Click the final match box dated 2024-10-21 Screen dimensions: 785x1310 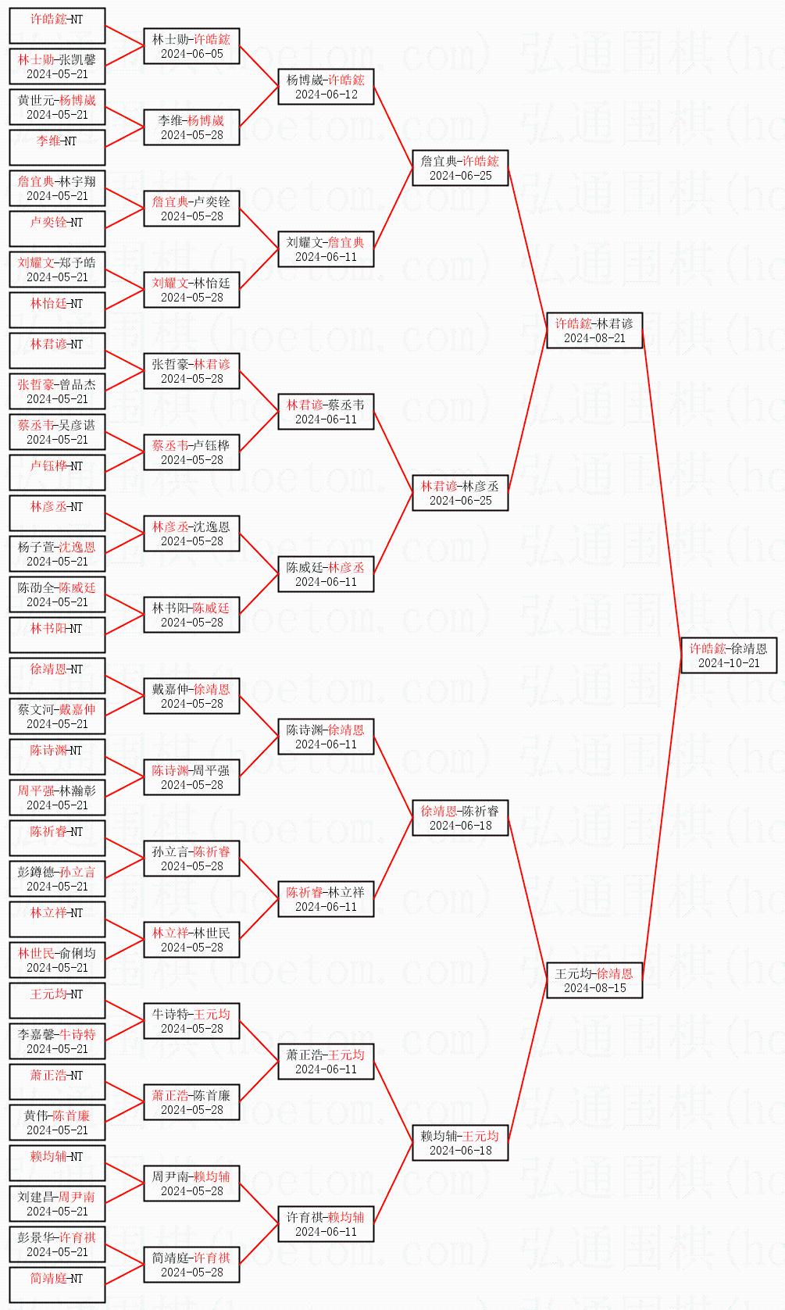point(729,655)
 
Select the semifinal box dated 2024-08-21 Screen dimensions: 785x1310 point(594,330)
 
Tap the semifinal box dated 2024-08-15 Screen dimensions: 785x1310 point(594,980)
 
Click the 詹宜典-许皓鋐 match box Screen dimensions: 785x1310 point(460,168)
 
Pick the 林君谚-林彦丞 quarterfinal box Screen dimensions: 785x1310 point(460,493)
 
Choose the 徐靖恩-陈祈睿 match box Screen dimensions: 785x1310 point(460,818)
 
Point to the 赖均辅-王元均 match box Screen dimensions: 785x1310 point(460,1143)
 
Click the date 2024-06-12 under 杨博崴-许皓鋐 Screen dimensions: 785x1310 point(326,95)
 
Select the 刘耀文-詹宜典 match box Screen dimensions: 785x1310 point(326,249)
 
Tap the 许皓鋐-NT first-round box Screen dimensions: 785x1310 point(57,26)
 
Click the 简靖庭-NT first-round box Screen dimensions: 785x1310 point(57,1285)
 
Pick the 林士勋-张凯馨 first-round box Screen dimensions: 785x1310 point(57,66)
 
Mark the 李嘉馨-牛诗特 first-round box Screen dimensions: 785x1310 point(57,1041)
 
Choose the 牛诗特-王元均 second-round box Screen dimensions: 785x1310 point(191,1021)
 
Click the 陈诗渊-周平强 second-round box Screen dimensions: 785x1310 point(191,777)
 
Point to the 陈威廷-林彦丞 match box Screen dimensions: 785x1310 point(326,574)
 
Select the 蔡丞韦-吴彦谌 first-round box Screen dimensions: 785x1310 point(57,432)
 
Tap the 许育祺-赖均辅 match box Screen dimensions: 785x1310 point(326,1224)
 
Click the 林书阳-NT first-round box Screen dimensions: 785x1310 point(57,635)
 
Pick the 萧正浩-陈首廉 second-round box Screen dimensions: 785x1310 point(191,1102)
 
